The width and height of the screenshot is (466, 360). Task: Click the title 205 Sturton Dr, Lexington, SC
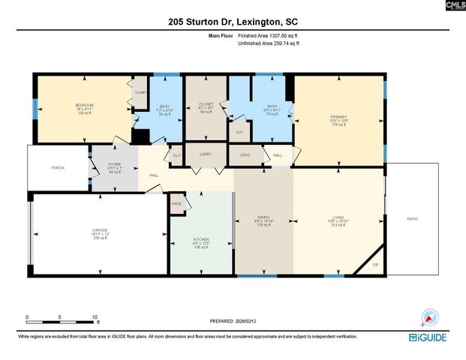click(233, 23)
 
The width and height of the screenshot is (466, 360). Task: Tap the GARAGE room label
click(101, 230)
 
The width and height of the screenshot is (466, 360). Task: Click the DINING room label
click(263, 217)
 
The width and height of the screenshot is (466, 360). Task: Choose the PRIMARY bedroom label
click(339, 118)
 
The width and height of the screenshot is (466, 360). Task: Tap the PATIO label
click(412, 219)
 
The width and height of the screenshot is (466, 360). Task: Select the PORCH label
click(58, 168)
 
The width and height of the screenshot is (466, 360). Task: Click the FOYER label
click(114, 164)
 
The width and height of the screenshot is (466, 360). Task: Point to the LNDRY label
click(205, 154)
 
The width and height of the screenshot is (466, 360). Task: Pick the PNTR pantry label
click(176, 204)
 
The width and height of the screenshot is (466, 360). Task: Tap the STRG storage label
click(245, 155)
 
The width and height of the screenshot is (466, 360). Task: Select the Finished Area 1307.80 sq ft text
click(268, 36)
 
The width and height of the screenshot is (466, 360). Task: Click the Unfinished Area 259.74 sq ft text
click(268, 44)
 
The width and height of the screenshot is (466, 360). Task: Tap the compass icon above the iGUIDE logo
click(428, 318)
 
